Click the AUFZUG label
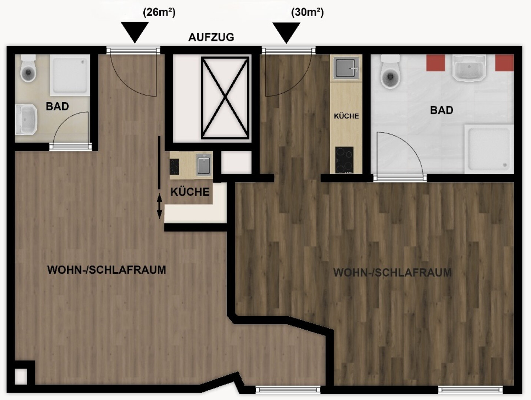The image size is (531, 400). click(x=211, y=37)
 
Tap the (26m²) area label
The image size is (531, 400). click(x=159, y=13)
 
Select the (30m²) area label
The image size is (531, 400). click(x=307, y=13)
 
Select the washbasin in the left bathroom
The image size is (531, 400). click(x=26, y=119)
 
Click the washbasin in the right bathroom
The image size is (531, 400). click(x=469, y=68)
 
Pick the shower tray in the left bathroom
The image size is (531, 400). click(x=70, y=75)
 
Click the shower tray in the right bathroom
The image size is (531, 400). click(x=489, y=149)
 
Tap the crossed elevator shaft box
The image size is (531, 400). click(x=225, y=98)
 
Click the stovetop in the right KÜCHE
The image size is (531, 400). click(x=344, y=160)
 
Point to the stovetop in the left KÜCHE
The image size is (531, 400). click(x=174, y=167)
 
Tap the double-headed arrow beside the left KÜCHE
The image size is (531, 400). click(x=159, y=206)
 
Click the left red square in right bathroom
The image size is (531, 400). click(x=435, y=63)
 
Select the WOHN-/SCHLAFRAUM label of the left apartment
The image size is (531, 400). click(x=106, y=270)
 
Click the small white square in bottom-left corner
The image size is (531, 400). click(x=21, y=376)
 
